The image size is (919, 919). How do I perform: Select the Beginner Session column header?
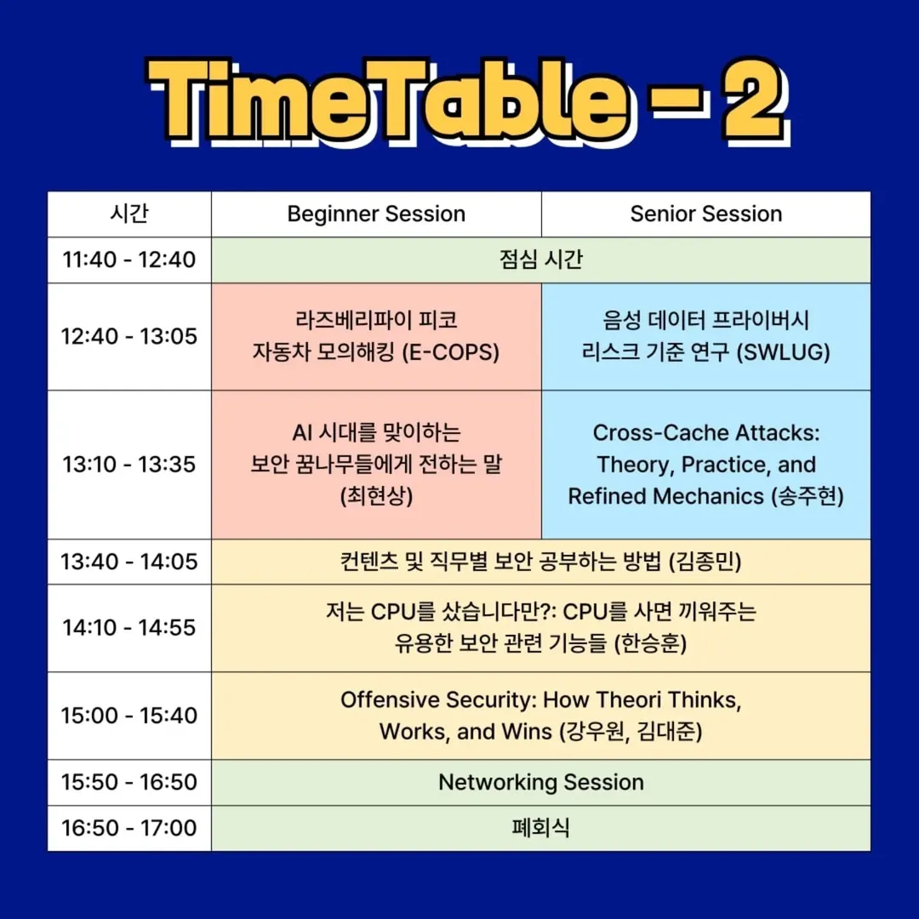(x=376, y=214)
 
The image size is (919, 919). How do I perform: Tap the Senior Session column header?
(x=706, y=214)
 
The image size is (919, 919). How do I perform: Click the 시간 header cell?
(x=129, y=214)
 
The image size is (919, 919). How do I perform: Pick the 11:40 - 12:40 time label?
(x=129, y=260)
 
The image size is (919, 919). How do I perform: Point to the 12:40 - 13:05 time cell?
(x=129, y=336)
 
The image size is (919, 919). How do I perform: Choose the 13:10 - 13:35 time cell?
(x=129, y=465)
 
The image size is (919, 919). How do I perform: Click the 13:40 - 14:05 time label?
(x=129, y=562)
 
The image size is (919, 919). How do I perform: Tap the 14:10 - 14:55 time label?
(x=129, y=628)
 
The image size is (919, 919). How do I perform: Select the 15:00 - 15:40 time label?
(x=129, y=716)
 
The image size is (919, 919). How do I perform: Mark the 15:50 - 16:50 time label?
(x=129, y=782)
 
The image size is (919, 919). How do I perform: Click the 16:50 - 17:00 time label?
(x=129, y=828)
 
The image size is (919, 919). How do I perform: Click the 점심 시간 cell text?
(x=541, y=259)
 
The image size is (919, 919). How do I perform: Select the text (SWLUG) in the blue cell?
(x=783, y=352)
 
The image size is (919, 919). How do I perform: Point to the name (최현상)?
(x=376, y=496)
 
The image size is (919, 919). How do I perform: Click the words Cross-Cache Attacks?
(x=706, y=432)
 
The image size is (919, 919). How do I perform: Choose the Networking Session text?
(x=541, y=783)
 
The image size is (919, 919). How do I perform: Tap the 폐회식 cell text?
(x=541, y=828)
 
